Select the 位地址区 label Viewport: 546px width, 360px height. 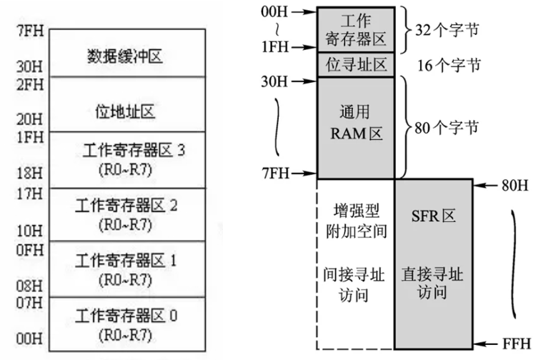pos(125,111)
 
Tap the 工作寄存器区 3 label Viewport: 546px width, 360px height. pos(125,151)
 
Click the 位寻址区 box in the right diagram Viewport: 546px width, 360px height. pos(356,65)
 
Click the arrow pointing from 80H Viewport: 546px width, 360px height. pos(487,186)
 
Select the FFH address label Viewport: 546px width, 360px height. pos(516,344)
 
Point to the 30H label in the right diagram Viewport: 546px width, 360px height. pos(273,81)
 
